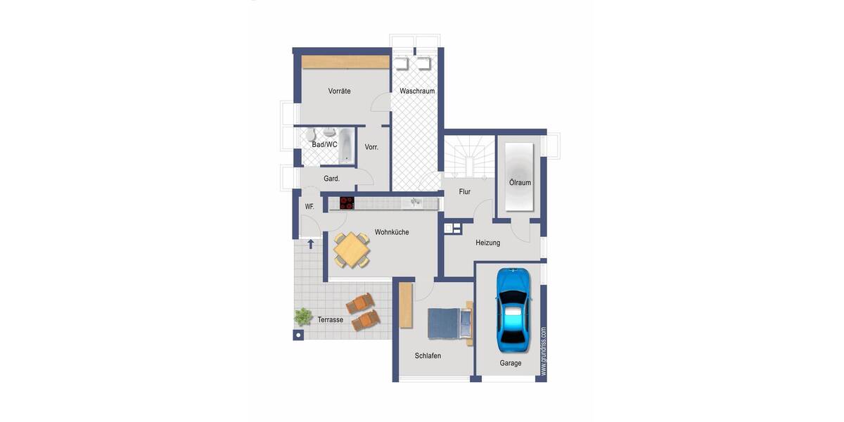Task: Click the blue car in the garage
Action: point(511,309)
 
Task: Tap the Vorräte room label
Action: point(339,91)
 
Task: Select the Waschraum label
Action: point(417,91)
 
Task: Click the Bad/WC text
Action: point(324,144)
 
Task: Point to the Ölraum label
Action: point(520,183)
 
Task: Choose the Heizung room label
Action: point(487,243)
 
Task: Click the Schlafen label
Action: point(428,356)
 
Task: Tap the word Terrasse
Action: point(330,319)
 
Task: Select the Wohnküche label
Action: point(392,232)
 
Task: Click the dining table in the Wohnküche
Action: point(351,250)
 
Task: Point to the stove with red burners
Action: point(347,203)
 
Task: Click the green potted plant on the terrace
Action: point(303,316)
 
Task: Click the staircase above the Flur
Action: point(464,158)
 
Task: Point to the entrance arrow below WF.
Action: point(310,245)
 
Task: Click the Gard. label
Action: point(331,179)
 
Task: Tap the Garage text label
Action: point(511,363)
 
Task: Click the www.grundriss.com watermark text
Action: point(543,352)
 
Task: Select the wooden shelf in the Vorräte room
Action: point(345,62)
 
